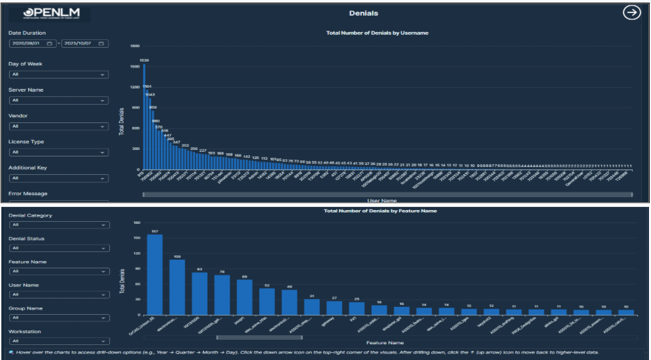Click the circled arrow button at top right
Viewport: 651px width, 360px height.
(x=631, y=13)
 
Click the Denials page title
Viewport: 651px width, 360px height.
(x=364, y=13)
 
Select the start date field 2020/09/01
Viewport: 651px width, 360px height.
(x=32, y=43)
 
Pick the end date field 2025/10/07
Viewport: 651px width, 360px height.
(x=84, y=43)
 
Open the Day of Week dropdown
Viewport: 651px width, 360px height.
(x=58, y=75)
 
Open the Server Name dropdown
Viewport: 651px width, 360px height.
(x=58, y=100)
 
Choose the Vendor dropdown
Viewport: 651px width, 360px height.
(x=58, y=126)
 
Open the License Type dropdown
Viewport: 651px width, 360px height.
(x=58, y=153)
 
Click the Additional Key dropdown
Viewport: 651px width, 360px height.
(x=58, y=178)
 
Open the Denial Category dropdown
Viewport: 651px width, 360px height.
(x=58, y=225)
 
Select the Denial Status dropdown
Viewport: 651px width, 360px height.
(x=58, y=248)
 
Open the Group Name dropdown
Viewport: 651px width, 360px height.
(x=58, y=317)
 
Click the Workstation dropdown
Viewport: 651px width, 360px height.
(x=58, y=341)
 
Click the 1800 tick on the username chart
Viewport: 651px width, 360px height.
(x=135, y=46)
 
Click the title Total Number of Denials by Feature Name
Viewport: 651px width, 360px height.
(x=380, y=211)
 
